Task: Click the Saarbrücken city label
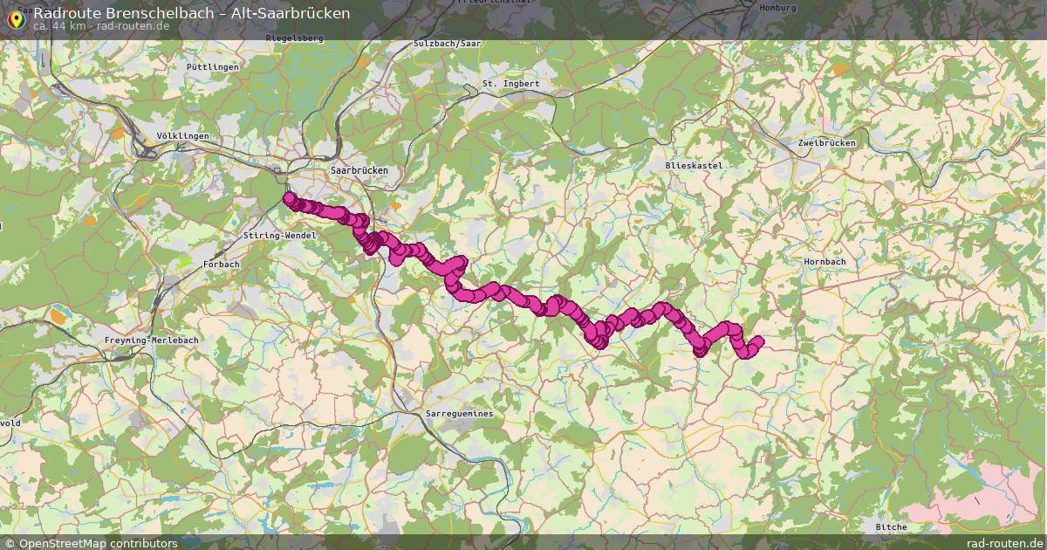359,170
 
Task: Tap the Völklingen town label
182,136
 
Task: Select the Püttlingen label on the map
212,66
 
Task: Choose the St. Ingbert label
510,84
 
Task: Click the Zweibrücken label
827,142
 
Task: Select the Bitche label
891,526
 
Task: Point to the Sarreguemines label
459,413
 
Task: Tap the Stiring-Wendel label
278,236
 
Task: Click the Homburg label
777,7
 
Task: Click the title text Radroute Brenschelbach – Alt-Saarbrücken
191,13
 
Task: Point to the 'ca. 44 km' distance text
59,26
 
